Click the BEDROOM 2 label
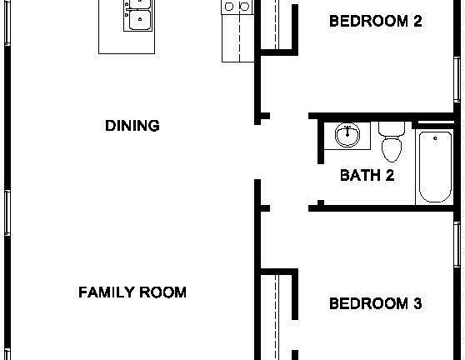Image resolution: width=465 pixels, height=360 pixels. (x=375, y=21)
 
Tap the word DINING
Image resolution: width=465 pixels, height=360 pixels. (x=132, y=126)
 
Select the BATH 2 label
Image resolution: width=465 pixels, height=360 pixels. (x=367, y=175)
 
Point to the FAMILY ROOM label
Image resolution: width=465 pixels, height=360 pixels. (x=132, y=292)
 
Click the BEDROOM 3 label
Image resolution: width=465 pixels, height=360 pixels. (x=375, y=303)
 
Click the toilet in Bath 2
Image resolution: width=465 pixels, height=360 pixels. (x=391, y=147)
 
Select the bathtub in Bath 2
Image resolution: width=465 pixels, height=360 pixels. (x=434, y=167)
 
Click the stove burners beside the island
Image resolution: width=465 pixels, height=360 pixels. (x=236, y=7)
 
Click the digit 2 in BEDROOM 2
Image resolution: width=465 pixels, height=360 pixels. (x=417, y=21)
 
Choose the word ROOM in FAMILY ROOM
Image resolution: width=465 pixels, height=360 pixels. (x=162, y=292)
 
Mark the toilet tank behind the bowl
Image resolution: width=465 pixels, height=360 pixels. (x=391, y=129)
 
